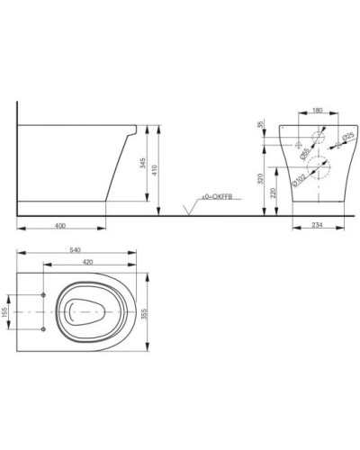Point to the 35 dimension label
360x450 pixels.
click(x=259, y=125)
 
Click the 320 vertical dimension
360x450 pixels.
click(x=259, y=179)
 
